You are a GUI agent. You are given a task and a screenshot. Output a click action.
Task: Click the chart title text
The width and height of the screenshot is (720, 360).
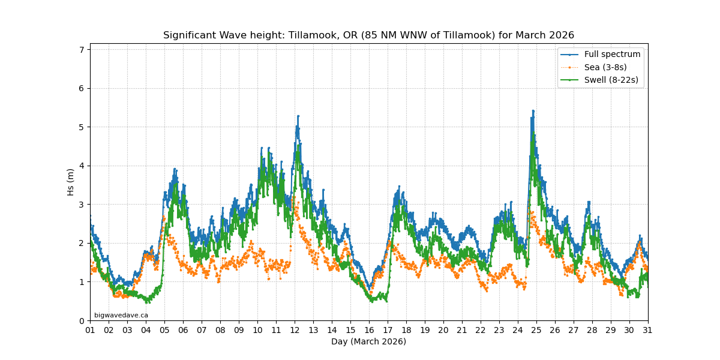tap(368, 35)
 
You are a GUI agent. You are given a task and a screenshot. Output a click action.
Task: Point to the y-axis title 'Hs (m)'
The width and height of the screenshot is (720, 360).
tap(71, 182)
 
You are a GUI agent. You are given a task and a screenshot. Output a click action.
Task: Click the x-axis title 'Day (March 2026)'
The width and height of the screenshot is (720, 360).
tap(368, 341)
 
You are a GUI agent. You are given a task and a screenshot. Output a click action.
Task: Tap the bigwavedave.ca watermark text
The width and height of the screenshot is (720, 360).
tap(121, 315)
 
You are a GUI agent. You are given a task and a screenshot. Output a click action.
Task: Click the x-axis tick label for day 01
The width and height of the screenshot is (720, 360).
tap(90, 330)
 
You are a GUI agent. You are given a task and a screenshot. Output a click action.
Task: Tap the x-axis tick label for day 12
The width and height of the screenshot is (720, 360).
tap(295, 330)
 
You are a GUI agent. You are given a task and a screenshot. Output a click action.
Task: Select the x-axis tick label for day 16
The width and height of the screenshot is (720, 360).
tap(369, 330)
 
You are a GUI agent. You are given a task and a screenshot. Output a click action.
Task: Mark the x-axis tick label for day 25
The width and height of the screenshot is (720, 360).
tap(536, 330)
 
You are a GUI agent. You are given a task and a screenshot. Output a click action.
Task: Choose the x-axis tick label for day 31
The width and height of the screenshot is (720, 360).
tap(648, 330)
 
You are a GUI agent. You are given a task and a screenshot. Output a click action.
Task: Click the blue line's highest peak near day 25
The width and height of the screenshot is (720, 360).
tap(533, 111)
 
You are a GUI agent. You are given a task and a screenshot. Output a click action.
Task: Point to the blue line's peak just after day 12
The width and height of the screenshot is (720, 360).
tap(298, 116)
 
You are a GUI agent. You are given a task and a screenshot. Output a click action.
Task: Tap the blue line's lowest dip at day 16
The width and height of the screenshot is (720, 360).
tap(370, 289)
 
